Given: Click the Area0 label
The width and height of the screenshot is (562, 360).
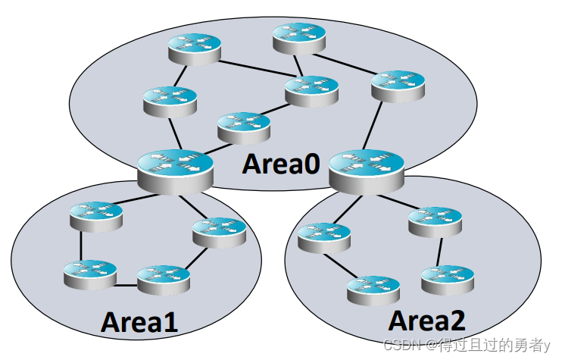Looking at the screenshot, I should pyautogui.click(x=281, y=163).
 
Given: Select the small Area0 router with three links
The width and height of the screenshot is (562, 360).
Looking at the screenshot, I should pyautogui.click(x=311, y=90).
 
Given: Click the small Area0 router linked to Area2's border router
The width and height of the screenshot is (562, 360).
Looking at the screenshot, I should pyautogui.click(x=398, y=86).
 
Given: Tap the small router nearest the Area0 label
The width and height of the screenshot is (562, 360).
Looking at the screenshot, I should pyautogui.click(x=243, y=127).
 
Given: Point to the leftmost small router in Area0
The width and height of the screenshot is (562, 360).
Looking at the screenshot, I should pyautogui.click(x=169, y=101).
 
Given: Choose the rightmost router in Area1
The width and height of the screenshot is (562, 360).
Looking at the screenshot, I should pyautogui.click(x=219, y=232).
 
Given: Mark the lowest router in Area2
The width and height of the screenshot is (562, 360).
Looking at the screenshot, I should pyautogui.click(x=373, y=290).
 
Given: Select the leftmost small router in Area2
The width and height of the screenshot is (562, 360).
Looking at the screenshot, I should pyautogui.click(x=324, y=237).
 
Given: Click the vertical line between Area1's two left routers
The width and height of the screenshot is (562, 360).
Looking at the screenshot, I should pyautogui.click(x=80, y=245).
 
